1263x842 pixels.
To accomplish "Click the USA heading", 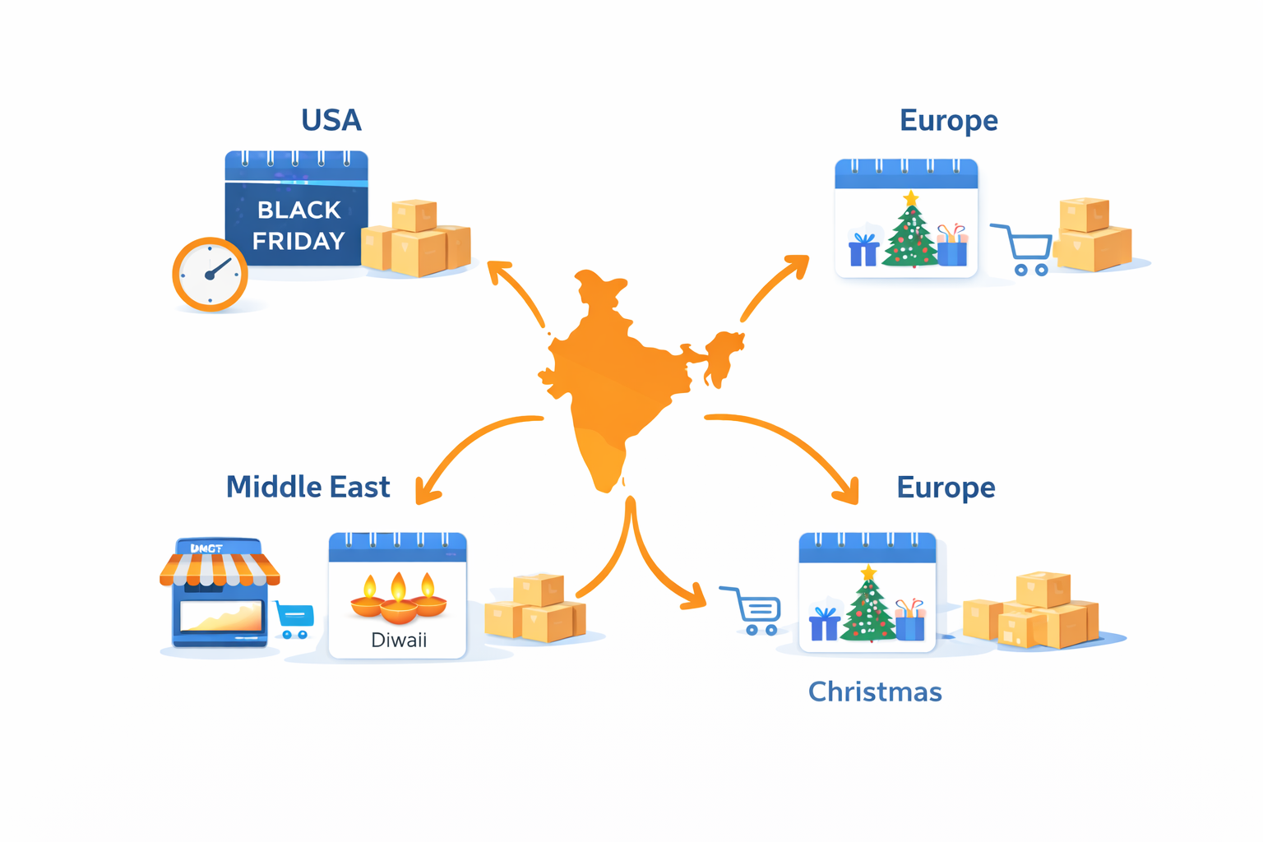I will click(331, 120).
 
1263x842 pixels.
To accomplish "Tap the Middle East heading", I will click(308, 487).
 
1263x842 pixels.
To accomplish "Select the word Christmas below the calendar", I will click(875, 692).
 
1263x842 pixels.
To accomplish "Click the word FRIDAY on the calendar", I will click(298, 241).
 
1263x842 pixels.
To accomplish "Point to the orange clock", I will click(210, 275).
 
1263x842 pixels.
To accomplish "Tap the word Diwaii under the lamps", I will click(399, 640).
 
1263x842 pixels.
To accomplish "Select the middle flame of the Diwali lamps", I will click(399, 586).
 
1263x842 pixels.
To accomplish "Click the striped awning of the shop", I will click(219, 569).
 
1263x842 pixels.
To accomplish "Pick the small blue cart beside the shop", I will click(294, 618).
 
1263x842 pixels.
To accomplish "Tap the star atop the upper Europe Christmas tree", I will click(910, 198).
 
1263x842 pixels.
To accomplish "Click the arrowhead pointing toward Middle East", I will click(427, 492).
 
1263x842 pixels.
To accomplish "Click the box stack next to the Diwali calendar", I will click(535, 609).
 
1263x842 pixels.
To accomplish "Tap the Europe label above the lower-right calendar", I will click(946, 487).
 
